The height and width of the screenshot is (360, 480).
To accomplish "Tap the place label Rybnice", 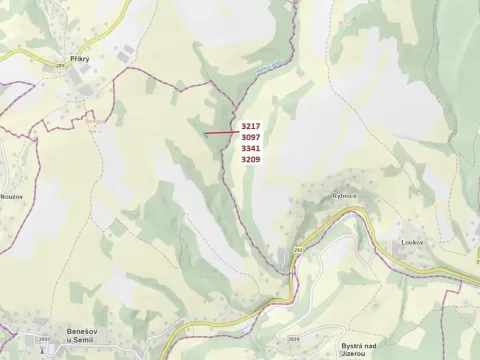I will [346, 197].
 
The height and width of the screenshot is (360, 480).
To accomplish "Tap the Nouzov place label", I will [12, 196].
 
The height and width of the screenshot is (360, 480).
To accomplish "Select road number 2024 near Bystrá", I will [292, 339].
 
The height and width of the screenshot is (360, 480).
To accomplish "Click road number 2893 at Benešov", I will [15, 339].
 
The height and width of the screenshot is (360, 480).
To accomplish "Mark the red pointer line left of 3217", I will [221, 130].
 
